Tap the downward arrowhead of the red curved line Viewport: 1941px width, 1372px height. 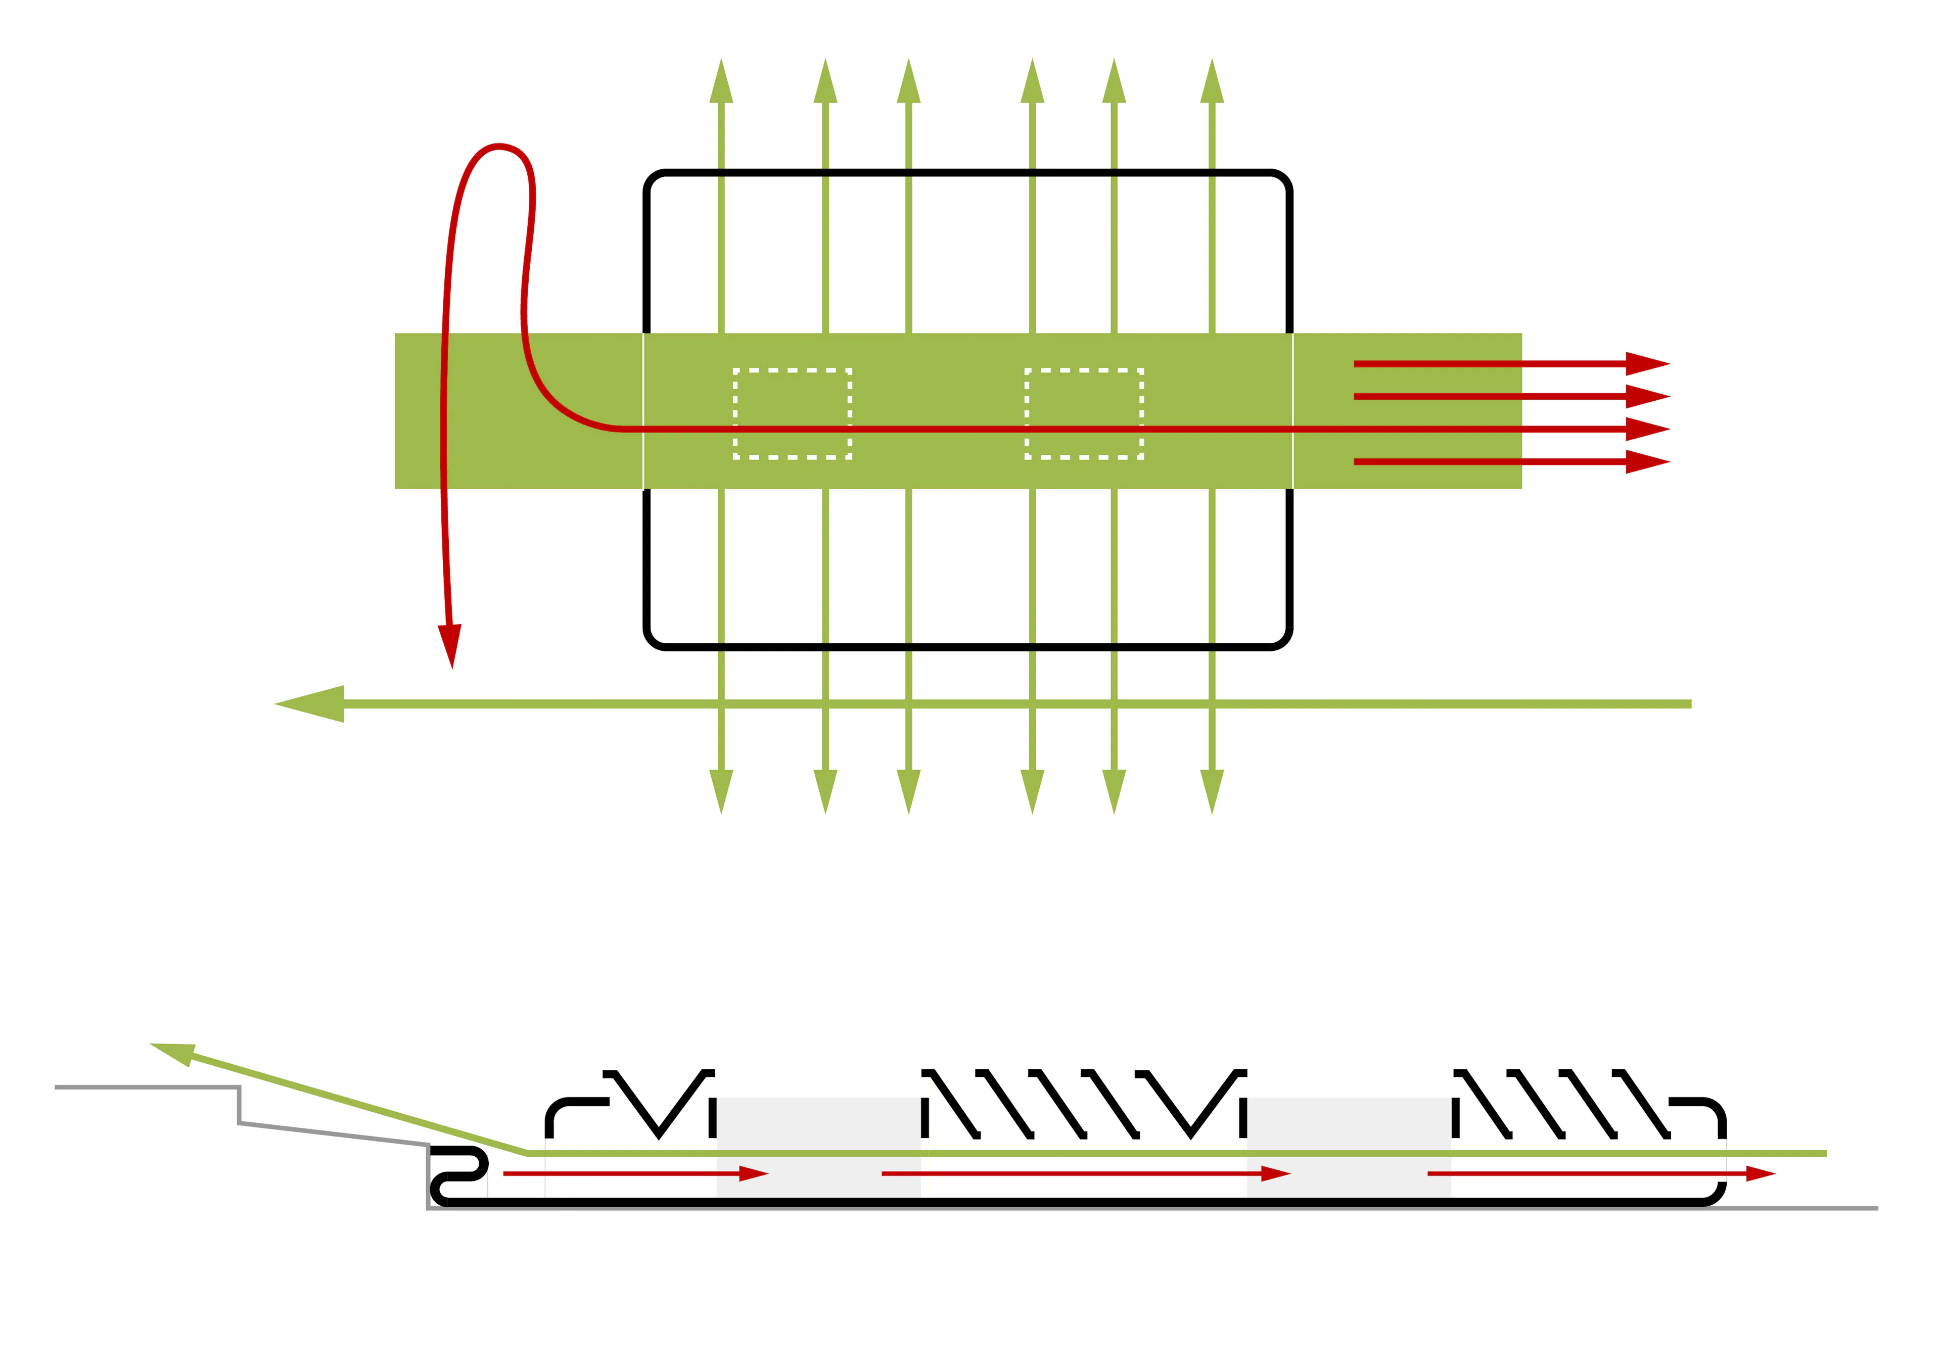(x=450, y=645)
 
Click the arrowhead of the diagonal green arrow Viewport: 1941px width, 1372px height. (x=175, y=1053)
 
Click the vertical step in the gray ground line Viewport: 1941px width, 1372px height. (x=239, y=1105)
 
